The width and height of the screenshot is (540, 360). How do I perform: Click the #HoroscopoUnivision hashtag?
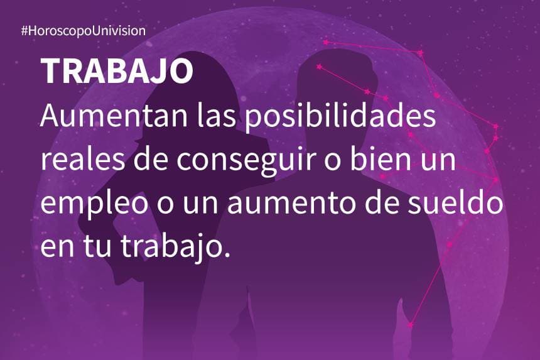[x=84, y=31]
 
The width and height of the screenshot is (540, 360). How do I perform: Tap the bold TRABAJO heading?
[x=117, y=70]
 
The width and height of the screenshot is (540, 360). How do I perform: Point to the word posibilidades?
[x=341, y=116]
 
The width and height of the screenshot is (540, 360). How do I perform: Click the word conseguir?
[x=246, y=160]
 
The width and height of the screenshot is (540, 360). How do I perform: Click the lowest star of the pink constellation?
[x=410, y=325]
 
